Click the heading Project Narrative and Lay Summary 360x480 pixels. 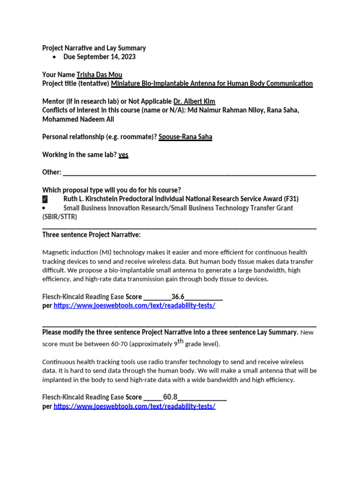point(94,48)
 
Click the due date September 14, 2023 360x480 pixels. point(99,57)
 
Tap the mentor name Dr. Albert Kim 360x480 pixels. point(195,101)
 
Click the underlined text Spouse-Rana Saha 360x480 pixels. point(185,137)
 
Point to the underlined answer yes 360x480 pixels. point(123,155)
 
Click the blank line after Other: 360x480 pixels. point(189,172)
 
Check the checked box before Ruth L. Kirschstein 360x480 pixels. point(45,199)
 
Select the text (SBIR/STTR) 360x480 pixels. point(60,217)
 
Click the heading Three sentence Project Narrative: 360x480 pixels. point(91,234)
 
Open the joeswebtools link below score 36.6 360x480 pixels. point(135,306)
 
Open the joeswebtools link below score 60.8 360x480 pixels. point(135,406)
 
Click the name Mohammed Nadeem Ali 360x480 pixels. point(78,119)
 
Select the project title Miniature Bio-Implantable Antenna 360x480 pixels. point(212,83)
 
